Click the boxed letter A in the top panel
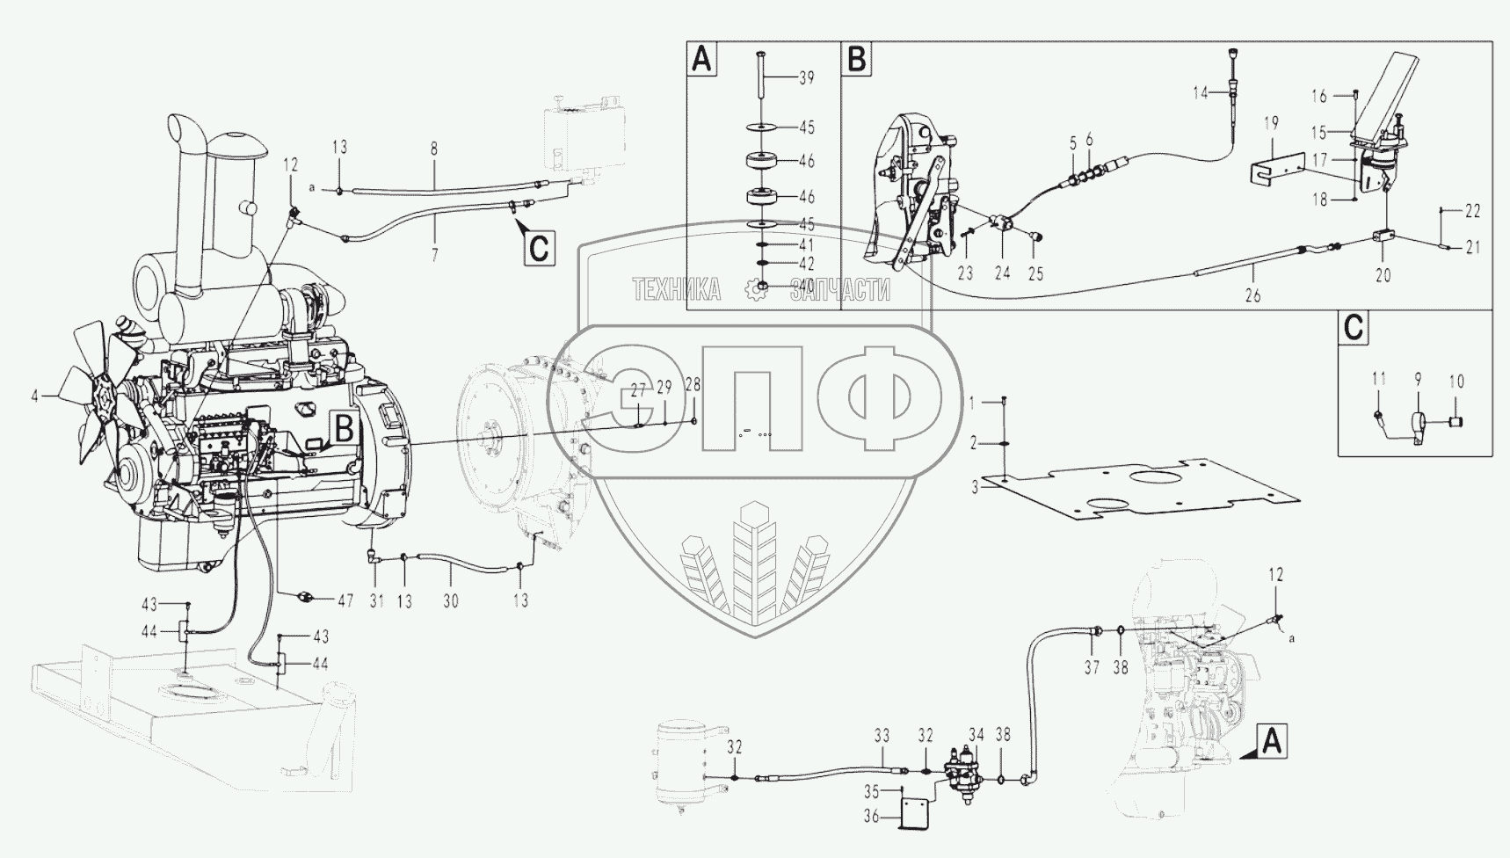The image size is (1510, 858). [701, 60]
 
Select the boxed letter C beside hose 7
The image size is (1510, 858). [538, 249]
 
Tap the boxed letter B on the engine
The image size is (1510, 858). [345, 428]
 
